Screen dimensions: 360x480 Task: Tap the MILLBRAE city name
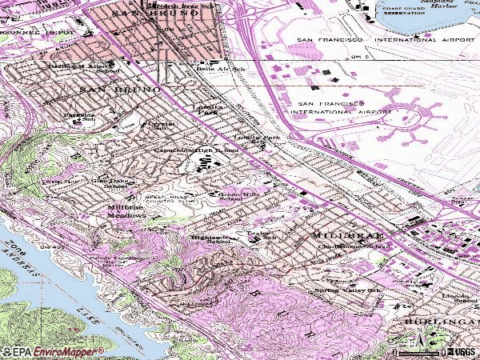338,236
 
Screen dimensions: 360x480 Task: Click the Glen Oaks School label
108,183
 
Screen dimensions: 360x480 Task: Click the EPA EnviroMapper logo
53,351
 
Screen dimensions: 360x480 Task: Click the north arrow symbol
420,346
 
